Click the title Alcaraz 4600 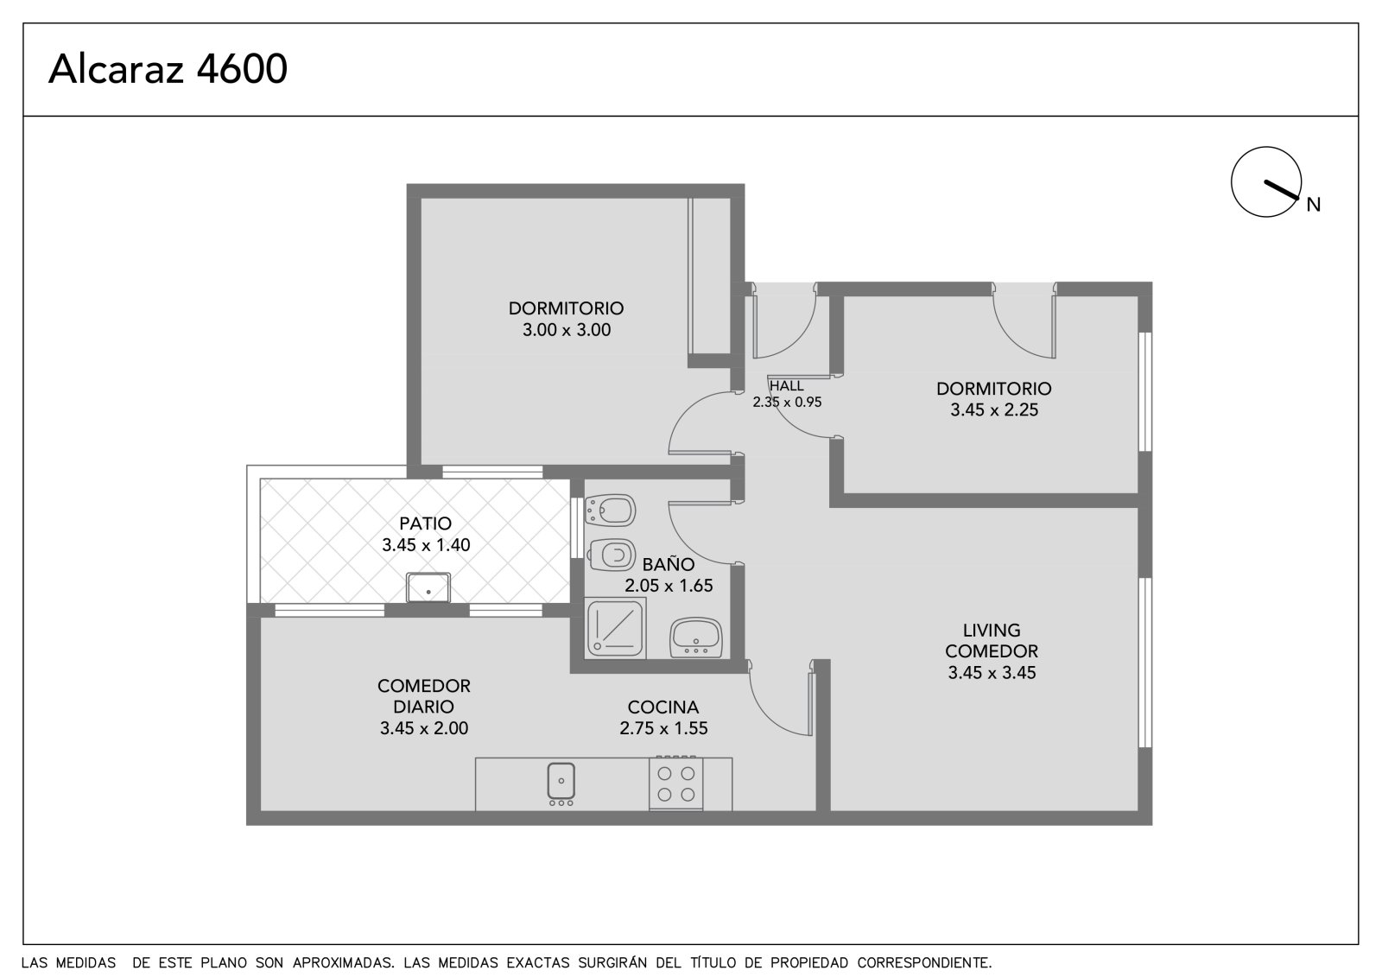[x=168, y=68]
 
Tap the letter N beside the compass [x=1314, y=205]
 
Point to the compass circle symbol [x=1266, y=182]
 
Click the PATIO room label [x=425, y=523]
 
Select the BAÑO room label [x=669, y=564]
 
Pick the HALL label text [x=787, y=386]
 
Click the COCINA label [x=663, y=707]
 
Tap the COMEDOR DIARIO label [x=424, y=696]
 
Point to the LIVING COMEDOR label [x=992, y=641]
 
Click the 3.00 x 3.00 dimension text [x=567, y=330]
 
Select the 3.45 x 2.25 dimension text [x=994, y=409]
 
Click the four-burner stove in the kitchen [x=675, y=783]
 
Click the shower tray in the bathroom [x=615, y=628]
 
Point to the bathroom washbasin [x=696, y=638]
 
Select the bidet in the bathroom [x=610, y=510]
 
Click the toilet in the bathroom [x=610, y=555]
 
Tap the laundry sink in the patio [x=428, y=587]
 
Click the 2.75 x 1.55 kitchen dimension [x=663, y=728]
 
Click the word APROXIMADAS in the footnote [x=343, y=963]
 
